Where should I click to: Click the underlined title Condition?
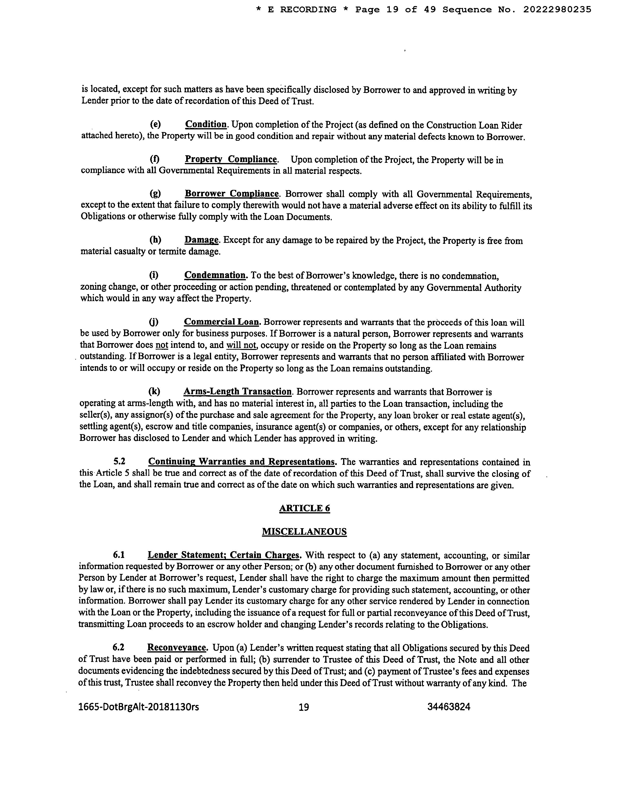coord(206,124)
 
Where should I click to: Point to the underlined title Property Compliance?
coord(231,159)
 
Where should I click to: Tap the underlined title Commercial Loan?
coord(222,322)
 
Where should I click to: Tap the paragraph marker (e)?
coord(155,124)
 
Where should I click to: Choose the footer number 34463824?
coord(449,707)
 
